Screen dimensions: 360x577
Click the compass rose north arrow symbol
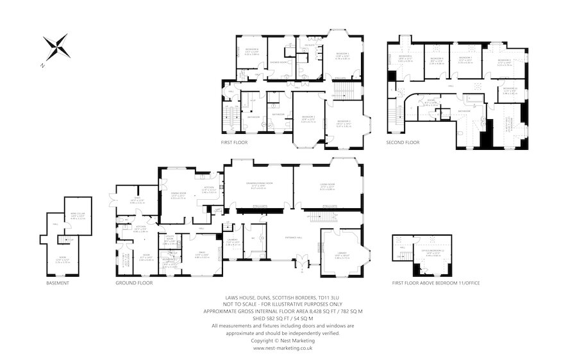pos(56,47)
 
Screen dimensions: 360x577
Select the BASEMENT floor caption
pos(57,282)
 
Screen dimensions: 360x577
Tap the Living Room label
pos(328,185)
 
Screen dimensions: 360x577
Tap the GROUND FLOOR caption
pos(134,282)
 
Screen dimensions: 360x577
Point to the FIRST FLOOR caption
pos(234,142)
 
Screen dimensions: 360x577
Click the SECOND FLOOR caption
pos(403,142)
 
